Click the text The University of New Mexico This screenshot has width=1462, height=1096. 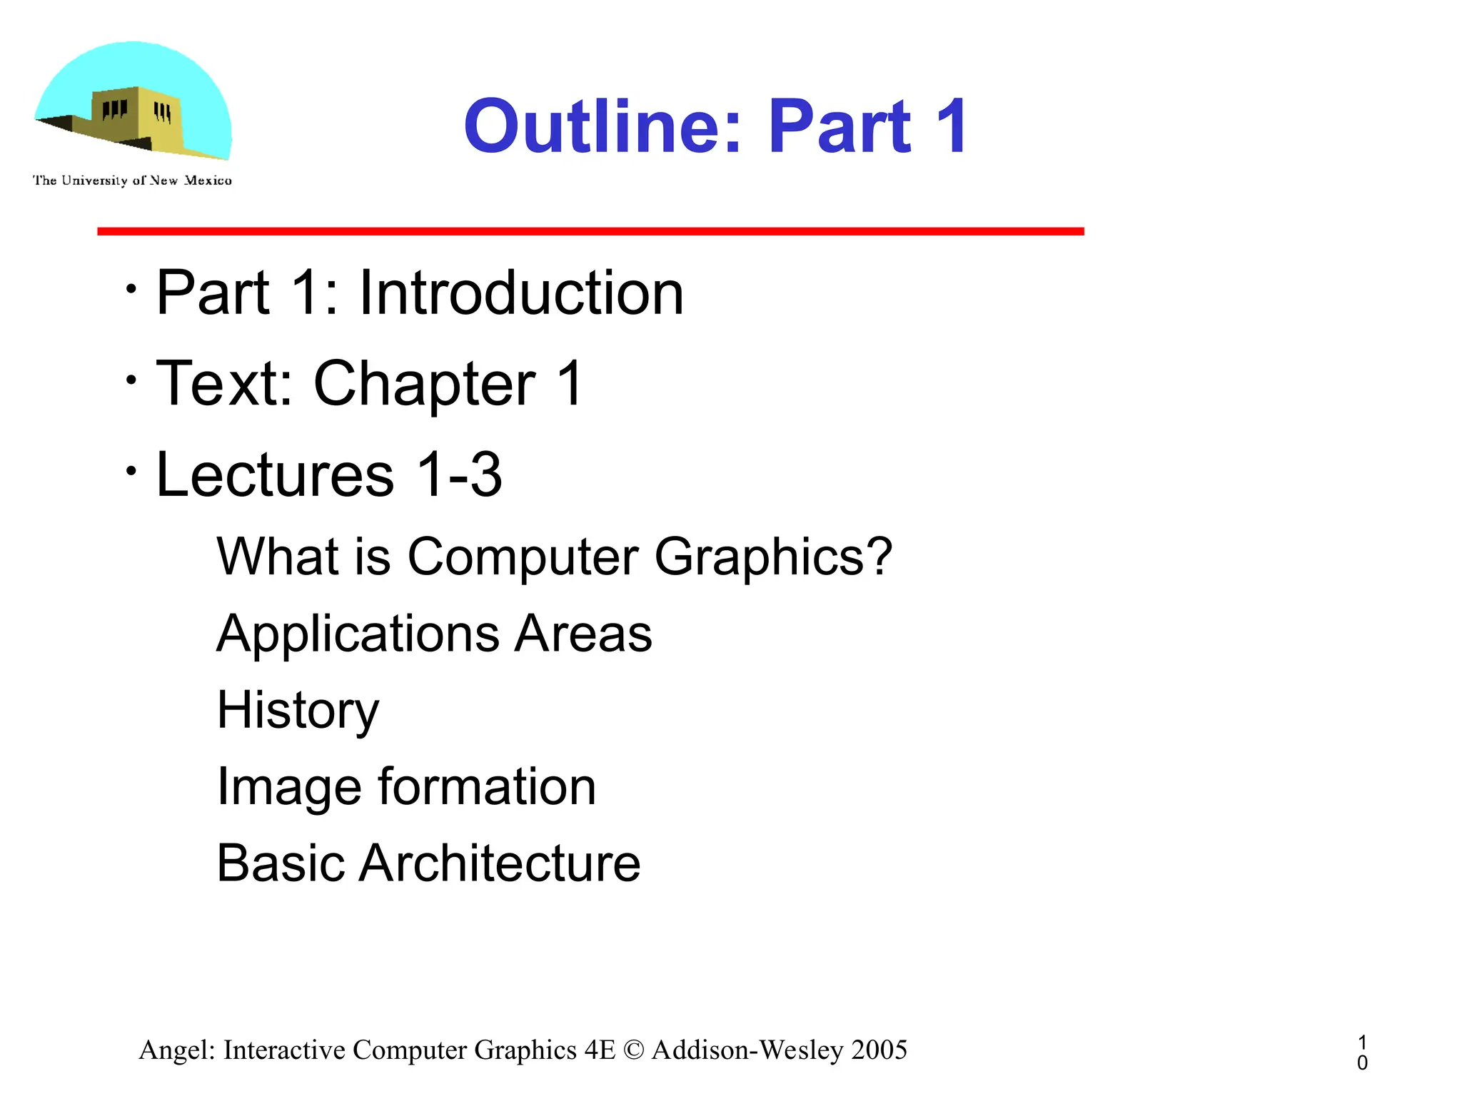click(132, 181)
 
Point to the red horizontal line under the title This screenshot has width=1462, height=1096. click(590, 231)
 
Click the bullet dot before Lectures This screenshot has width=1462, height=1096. click(131, 471)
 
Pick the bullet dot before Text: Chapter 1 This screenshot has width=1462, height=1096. click(131, 380)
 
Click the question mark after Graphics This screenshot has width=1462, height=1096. click(877, 555)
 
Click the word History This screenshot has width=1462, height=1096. click(298, 711)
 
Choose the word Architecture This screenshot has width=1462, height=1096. click(499, 863)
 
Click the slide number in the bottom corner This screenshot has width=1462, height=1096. click(1362, 1052)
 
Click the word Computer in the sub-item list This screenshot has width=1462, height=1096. click(523, 557)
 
